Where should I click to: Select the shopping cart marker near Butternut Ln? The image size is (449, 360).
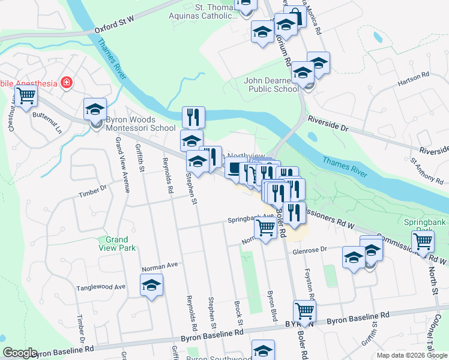pyautogui.click(x=26, y=96)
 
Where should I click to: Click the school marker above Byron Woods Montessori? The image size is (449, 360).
pyautogui.click(x=95, y=110)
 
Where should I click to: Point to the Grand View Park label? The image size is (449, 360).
pyautogui.click(x=117, y=243)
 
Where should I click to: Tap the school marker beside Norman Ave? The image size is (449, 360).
pyautogui.click(x=152, y=285)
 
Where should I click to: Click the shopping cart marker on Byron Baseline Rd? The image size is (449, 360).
pyautogui.click(x=305, y=311)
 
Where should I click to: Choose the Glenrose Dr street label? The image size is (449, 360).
pyautogui.click(x=309, y=250)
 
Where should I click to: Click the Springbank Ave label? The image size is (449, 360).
pyautogui.click(x=250, y=219)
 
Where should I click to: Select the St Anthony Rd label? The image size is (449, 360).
pyautogui.click(x=423, y=169)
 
